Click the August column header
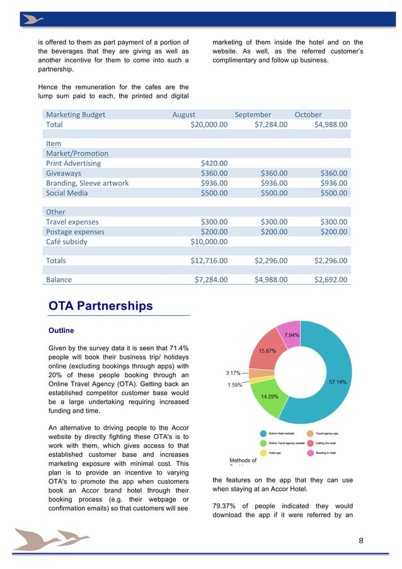184,115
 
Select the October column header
308,115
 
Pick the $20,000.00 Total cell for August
209,125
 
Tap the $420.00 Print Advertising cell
214,163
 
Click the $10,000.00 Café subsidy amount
209,241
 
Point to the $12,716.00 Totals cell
209,260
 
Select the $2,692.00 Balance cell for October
330,279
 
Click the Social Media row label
67,192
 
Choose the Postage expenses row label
75,232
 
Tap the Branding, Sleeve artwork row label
87,183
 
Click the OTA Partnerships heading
100,307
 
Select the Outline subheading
61,331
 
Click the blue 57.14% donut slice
344,382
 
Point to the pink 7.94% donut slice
292,335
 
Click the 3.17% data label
233,373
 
